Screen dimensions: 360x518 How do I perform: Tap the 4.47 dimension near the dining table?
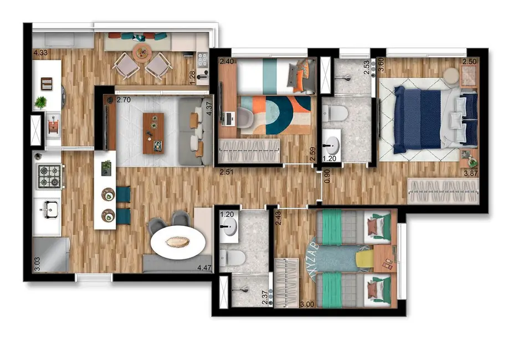point(205,270)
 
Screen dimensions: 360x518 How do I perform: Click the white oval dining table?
point(178,243)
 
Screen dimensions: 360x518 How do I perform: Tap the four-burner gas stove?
point(47,176)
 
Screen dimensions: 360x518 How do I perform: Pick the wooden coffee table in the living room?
point(153,133)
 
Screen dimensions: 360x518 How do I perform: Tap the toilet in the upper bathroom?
point(336,114)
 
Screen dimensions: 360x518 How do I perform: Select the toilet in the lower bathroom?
point(233,256)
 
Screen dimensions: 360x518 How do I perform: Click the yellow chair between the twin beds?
point(364,259)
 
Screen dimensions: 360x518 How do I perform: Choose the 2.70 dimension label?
point(123,101)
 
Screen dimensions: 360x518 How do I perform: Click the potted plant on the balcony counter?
point(40,102)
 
